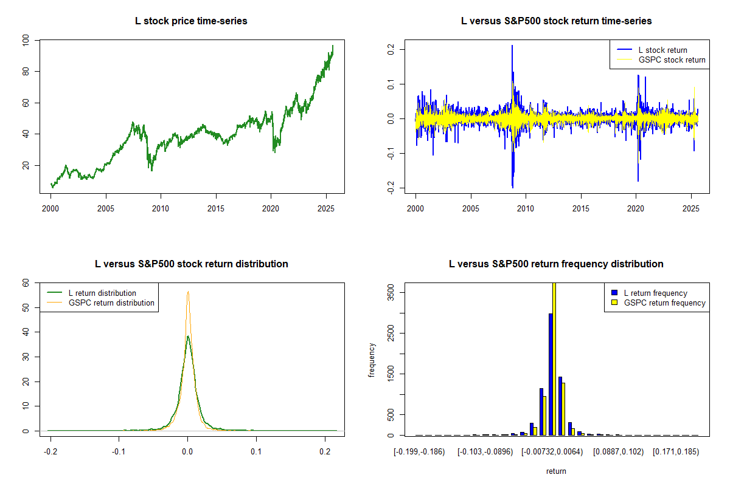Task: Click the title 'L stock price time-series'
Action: click(191, 21)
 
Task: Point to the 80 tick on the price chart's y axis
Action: click(26, 71)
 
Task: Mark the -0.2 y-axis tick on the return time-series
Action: click(391, 188)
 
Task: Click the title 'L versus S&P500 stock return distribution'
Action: click(191, 264)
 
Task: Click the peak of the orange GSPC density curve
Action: click(188, 292)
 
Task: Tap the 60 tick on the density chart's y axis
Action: click(26, 282)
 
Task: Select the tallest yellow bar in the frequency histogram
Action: click(554, 358)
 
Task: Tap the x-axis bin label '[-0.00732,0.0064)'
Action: click(551, 452)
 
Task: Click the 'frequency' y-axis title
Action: click(372, 360)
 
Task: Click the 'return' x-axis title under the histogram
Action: click(556, 471)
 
